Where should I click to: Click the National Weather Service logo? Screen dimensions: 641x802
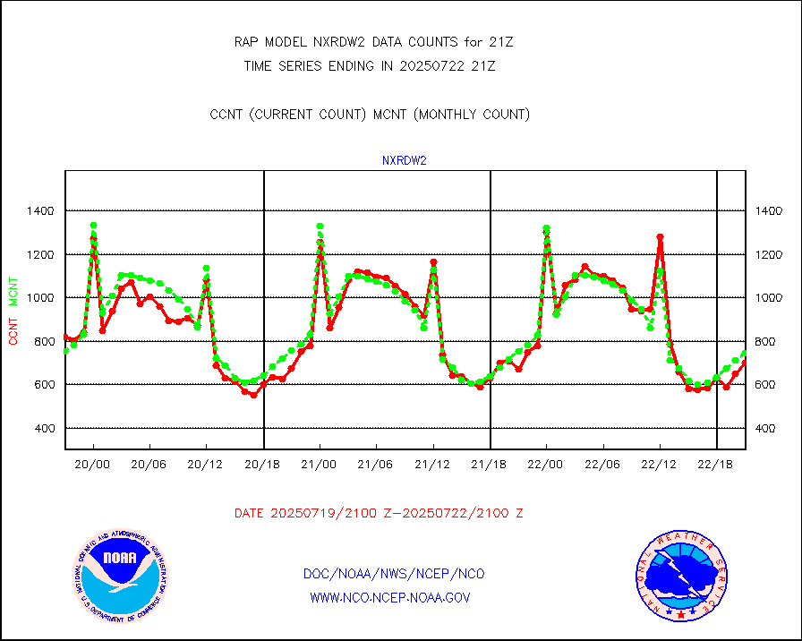coord(679,575)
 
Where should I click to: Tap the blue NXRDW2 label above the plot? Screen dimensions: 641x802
coord(404,161)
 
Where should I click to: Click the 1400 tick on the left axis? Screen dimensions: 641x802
coord(40,210)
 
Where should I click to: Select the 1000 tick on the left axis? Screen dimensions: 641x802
coord(40,297)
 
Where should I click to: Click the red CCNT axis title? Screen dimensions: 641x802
coord(13,329)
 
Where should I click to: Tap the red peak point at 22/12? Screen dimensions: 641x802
coord(660,237)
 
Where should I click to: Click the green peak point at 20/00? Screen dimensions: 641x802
coord(93,226)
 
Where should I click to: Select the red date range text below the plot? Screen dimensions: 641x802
coord(379,513)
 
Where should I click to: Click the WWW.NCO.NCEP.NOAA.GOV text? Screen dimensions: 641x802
coord(390,597)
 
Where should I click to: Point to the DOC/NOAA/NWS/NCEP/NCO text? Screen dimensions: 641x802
coord(394,574)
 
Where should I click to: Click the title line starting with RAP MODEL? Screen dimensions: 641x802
coord(372,41)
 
